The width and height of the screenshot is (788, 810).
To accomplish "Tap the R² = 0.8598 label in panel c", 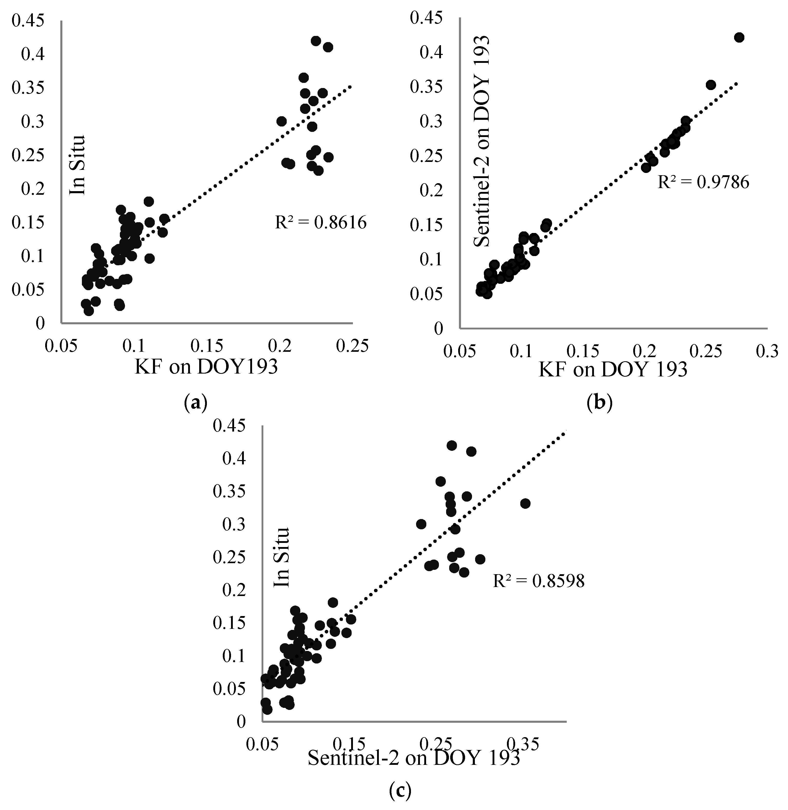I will pyautogui.click(x=539, y=581).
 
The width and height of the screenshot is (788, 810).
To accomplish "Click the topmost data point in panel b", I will pyautogui.click(x=739, y=38).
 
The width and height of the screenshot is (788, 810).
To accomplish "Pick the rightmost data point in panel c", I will pyautogui.click(x=525, y=503).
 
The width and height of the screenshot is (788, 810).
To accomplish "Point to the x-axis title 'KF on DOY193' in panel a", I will pyautogui.click(x=206, y=367).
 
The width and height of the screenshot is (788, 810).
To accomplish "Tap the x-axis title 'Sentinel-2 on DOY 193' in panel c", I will pyautogui.click(x=414, y=758).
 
